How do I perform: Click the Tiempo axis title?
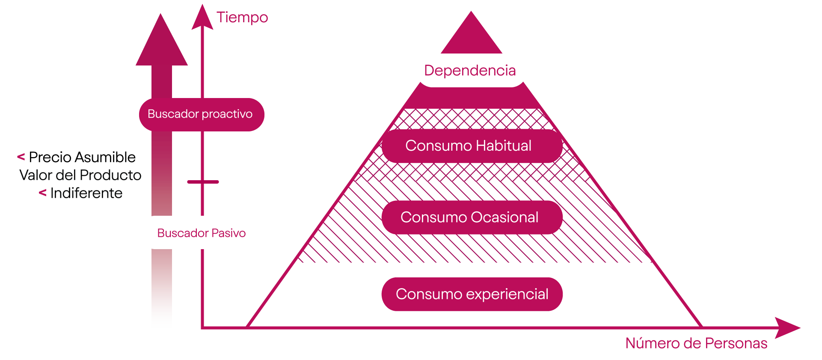pyautogui.click(x=242, y=18)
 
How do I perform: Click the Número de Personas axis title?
pyautogui.click(x=696, y=343)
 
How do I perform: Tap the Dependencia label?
pyautogui.click(x=471, y=71)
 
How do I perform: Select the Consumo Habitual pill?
pyautogui.click(x=472, y=146)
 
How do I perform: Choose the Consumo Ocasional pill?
pyautogui.click(x=472, y=217)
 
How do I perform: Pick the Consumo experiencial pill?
pyautogui.click(x=472, y=295)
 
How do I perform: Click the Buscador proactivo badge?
pyautogui.click(x=201, y=114)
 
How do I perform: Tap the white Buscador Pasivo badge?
pyautogui.click(x=201, y=233)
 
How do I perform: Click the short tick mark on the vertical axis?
pyautogui.click(x=203, y=182)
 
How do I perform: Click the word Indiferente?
pyautogui.click(x=86, y=193)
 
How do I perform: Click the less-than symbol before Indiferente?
pyautogui.click(x=42, y=193)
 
